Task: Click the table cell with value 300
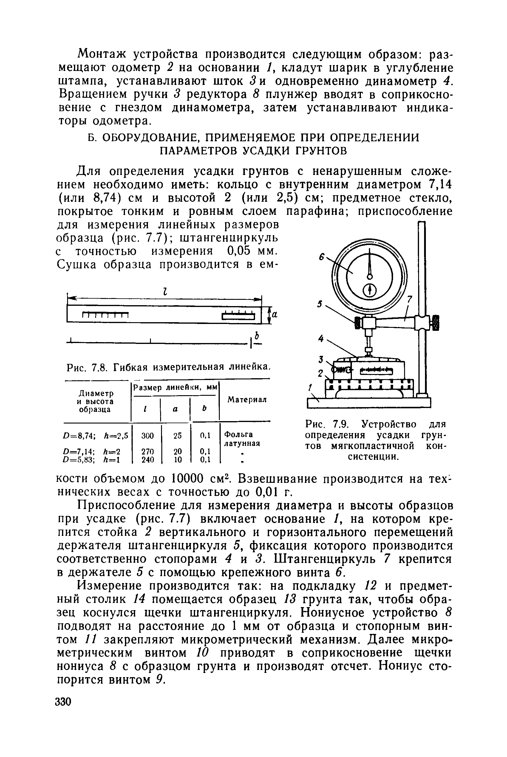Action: click(x=147, y=436)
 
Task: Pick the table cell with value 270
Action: click(x=147, y=451)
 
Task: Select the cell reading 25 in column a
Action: click(x=177, y=436)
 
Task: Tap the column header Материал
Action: click(x=247, y=400)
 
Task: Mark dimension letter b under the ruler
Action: click(x=257, y=335)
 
